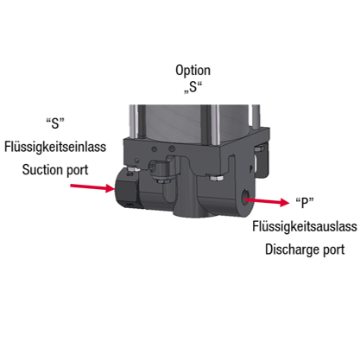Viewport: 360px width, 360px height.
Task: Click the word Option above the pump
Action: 193,71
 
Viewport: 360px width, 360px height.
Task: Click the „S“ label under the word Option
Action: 193,87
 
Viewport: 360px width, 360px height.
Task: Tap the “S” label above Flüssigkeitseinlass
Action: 55,123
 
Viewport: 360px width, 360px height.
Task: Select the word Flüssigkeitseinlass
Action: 55,147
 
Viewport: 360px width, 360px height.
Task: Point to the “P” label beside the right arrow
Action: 305,203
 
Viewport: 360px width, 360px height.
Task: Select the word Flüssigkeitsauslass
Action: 305,226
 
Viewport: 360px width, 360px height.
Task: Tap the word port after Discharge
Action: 334,250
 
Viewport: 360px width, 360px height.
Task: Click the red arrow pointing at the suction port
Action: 92,187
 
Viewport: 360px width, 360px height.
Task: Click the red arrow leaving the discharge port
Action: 267,201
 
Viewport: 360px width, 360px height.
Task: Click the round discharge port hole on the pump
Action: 246,198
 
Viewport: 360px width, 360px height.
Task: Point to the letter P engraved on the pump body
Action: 251,168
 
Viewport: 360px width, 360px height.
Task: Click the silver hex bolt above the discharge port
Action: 217,178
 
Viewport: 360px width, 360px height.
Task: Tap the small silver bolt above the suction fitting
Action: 134,169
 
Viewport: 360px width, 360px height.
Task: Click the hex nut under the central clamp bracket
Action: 161,180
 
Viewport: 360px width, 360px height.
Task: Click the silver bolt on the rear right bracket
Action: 260,148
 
